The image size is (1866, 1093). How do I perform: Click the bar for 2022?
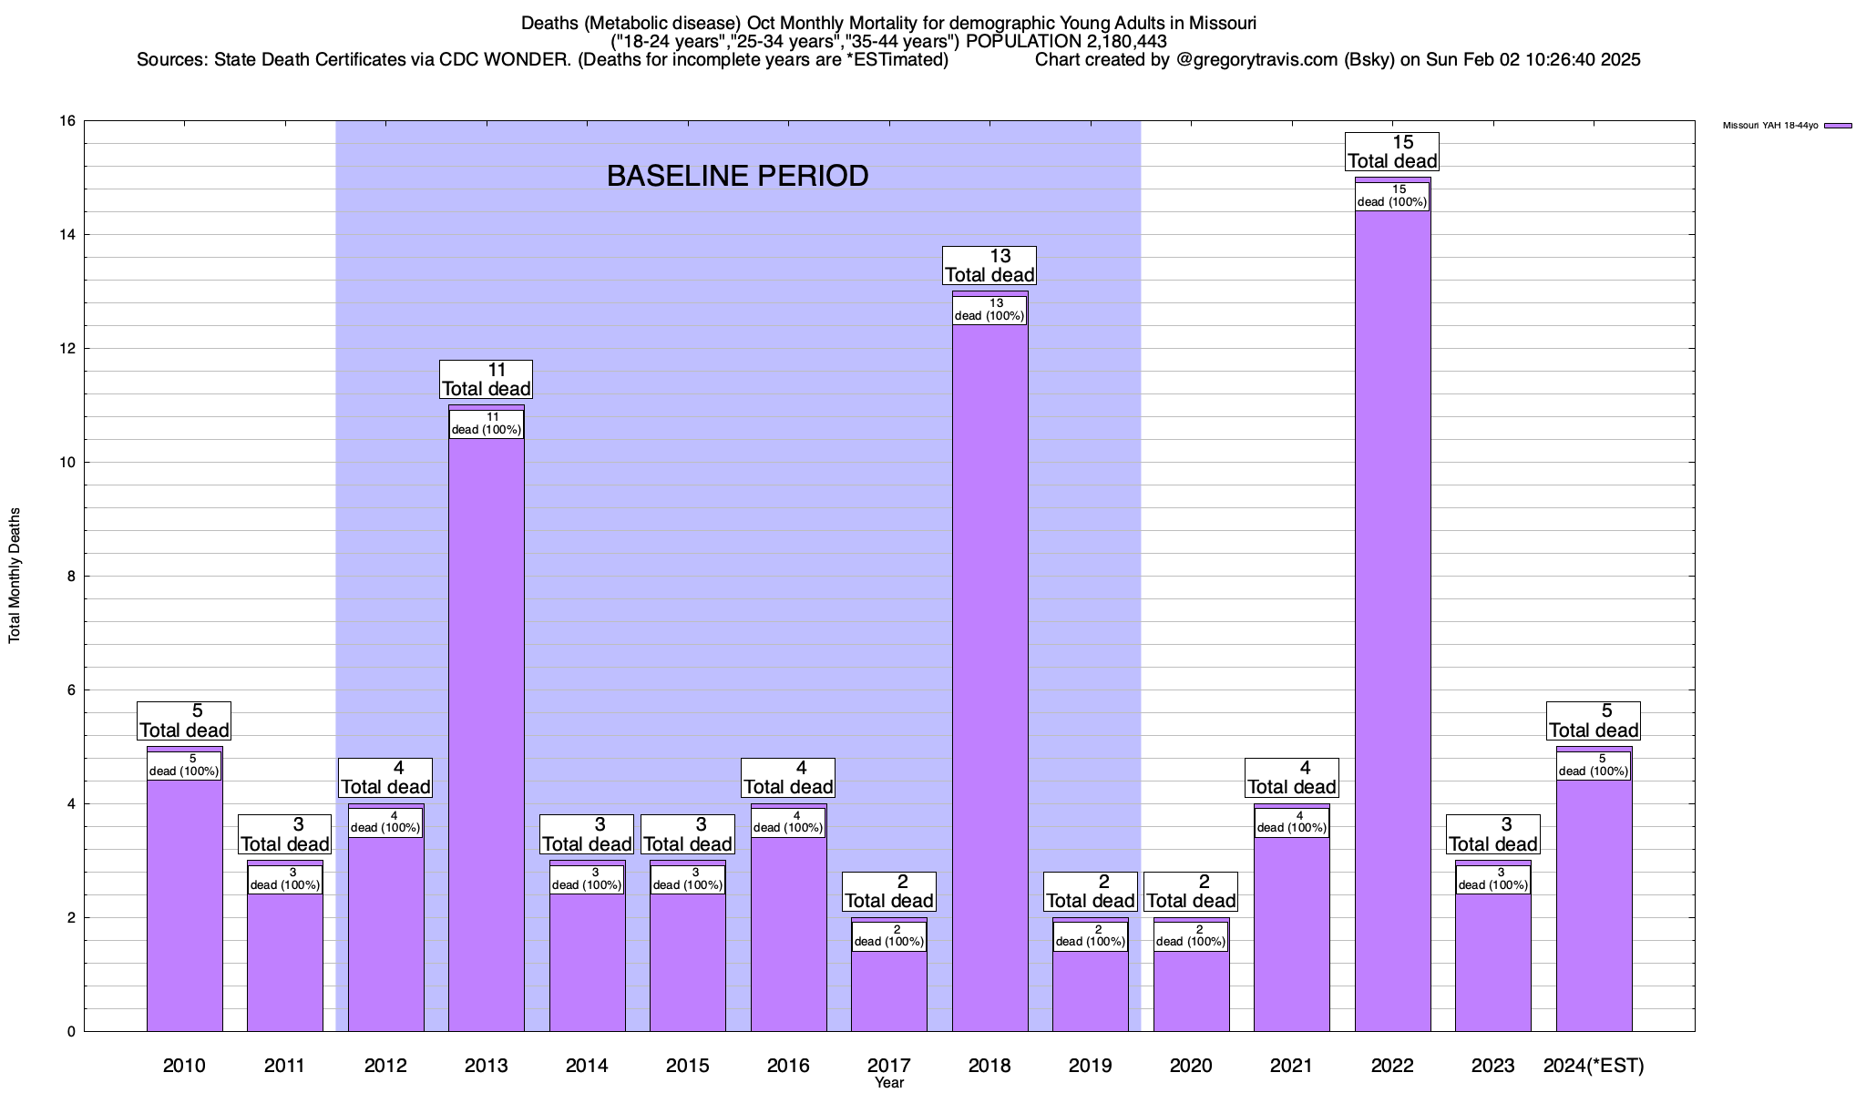pyautogui.click(x=1392, y=619)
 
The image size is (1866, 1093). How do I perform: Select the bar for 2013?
pyautogui.click(x=487, y=729)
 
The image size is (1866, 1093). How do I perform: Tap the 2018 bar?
pyautogui.click(x=989, y=674)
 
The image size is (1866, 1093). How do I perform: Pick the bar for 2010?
pyautogui.click(x=184, y=902)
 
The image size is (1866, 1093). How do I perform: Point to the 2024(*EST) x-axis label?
pyautogui.click(x=1594, y=1065)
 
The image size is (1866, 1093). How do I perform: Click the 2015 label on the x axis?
pyautogui.click(x=688, y=1065)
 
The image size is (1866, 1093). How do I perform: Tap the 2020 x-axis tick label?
pyautogui.click(x=1191, y=1065)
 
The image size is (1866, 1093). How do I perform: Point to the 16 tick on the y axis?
pyautogui.click(x=67, y=121)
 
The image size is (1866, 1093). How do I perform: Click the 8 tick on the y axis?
pyautogui.click(x=71, y=577)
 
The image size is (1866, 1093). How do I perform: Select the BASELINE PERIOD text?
pyautogui.click(x=737, y=176)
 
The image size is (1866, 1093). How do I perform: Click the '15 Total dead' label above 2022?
pyautogui.click(x=1392, y=152)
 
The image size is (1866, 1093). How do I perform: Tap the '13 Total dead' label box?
pyautogui.click(x=989, y=266)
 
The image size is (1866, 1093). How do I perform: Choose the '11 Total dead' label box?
pyautogui.click(x=487, y=380)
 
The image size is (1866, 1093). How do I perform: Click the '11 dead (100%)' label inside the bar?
pyautogui.click(x=487, y=424)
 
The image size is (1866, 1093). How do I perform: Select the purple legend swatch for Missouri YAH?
pyautogui.click(x=1838, y=126)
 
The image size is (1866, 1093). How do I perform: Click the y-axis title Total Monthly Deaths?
pyautogui.click(x=15, y=576)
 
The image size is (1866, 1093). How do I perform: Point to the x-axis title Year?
pyautogui.click(x=889, y=1083)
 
